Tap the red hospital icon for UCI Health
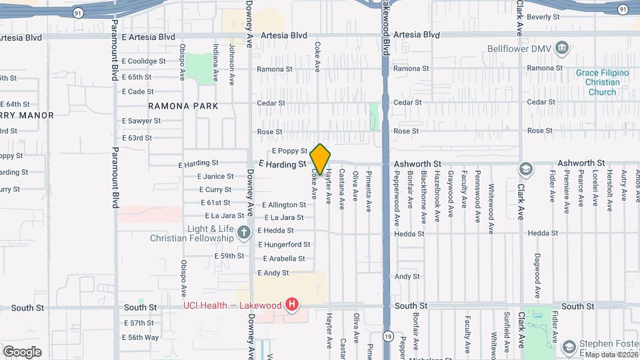(291, 305)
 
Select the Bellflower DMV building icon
(561, 48)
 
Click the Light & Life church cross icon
(244, 233)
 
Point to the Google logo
(22, 351)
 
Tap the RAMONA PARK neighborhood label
(183, 106)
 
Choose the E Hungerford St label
(284, 245)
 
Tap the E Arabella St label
(283, 259)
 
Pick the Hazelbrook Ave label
(437, 195)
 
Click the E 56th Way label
(141, 337)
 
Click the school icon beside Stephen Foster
(569, 346)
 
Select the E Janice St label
(215, 177)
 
